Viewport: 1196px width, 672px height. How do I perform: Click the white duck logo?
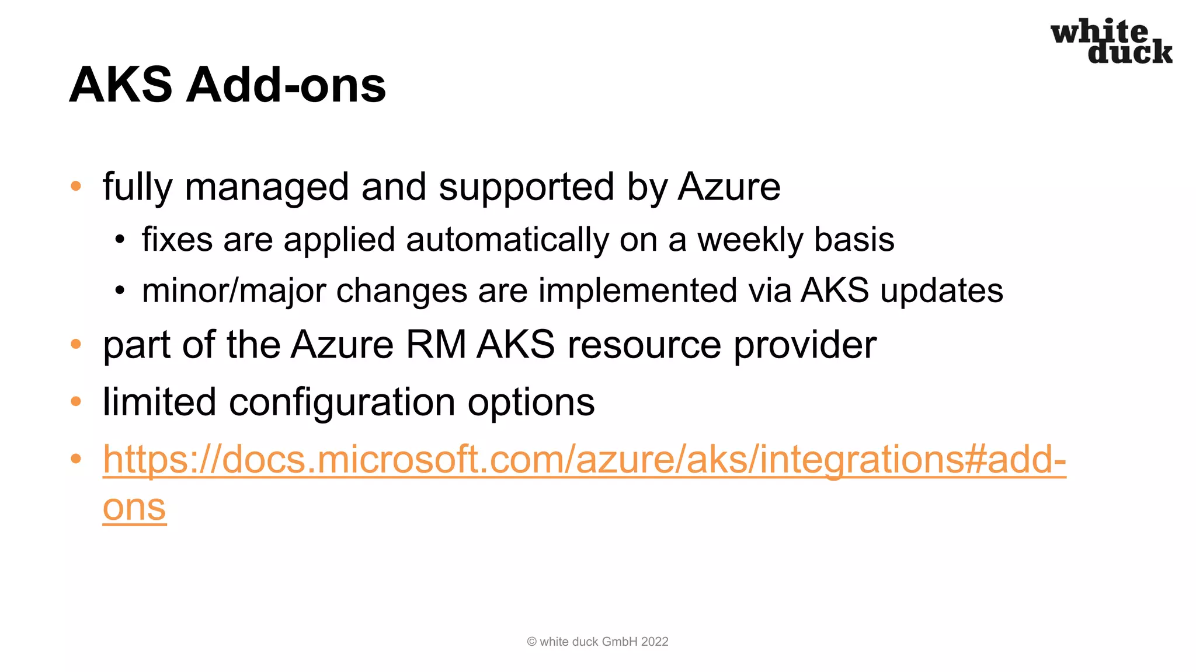[1111, 41]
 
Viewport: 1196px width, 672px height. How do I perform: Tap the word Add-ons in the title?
[286, 85]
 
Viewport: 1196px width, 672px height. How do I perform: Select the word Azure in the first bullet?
[729, 187]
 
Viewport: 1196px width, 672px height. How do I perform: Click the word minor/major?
[234, 291]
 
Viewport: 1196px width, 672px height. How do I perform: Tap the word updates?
[941, 291]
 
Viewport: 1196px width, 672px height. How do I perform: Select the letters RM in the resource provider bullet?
[436, 345]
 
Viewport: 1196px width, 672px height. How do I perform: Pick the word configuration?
[342, 402]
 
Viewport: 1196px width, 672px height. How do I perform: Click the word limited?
[159, 402]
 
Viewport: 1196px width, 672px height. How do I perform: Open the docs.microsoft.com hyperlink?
[584, 460]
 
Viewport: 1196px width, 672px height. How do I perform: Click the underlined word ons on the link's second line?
[134, 508]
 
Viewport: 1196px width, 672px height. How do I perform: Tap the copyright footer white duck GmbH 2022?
[597, 642]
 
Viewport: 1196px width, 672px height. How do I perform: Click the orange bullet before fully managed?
[76, 187]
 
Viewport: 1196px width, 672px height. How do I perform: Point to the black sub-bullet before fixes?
[120, 240]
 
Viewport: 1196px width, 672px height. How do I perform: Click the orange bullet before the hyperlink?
[76, 459]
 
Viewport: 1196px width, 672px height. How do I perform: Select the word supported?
[526, 187]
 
